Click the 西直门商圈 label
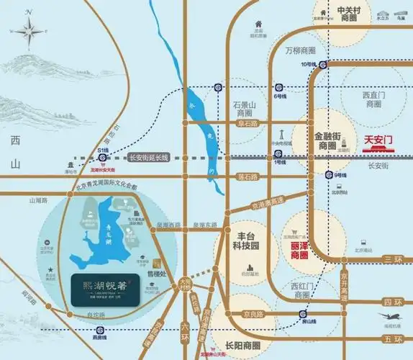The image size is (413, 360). click(x=372, y=99)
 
